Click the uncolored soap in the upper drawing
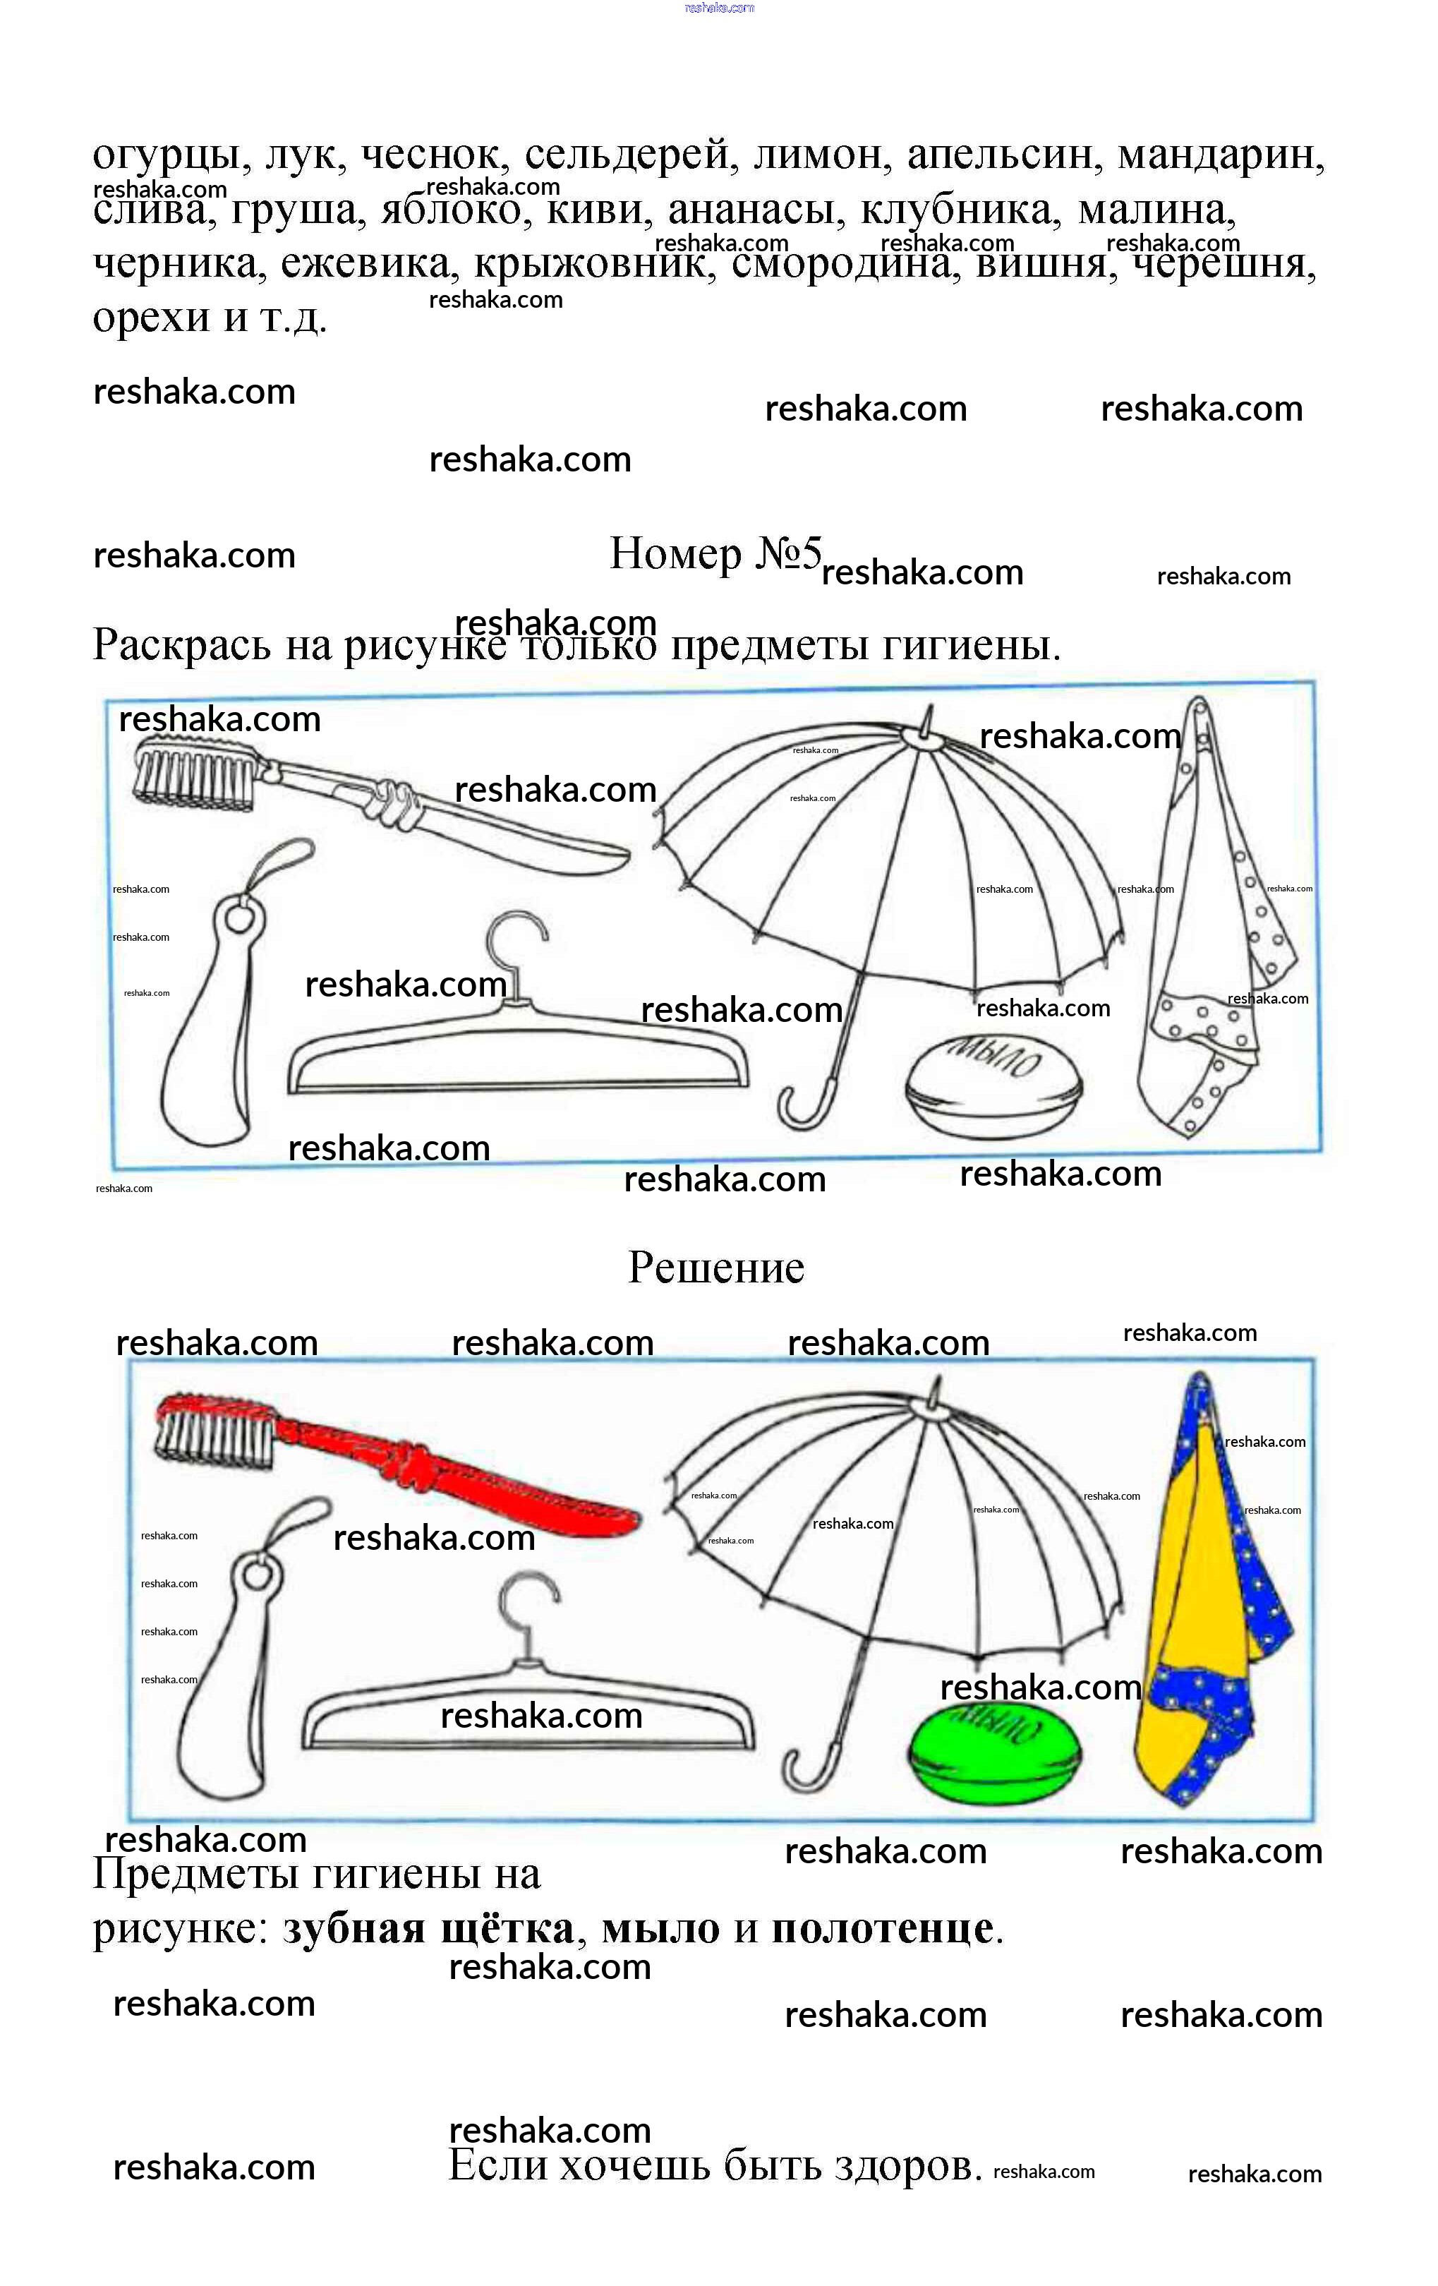coord(992,1084)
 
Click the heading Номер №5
coord(715,555)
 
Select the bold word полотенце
coord(882,1928)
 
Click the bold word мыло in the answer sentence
coord(660,1928)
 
